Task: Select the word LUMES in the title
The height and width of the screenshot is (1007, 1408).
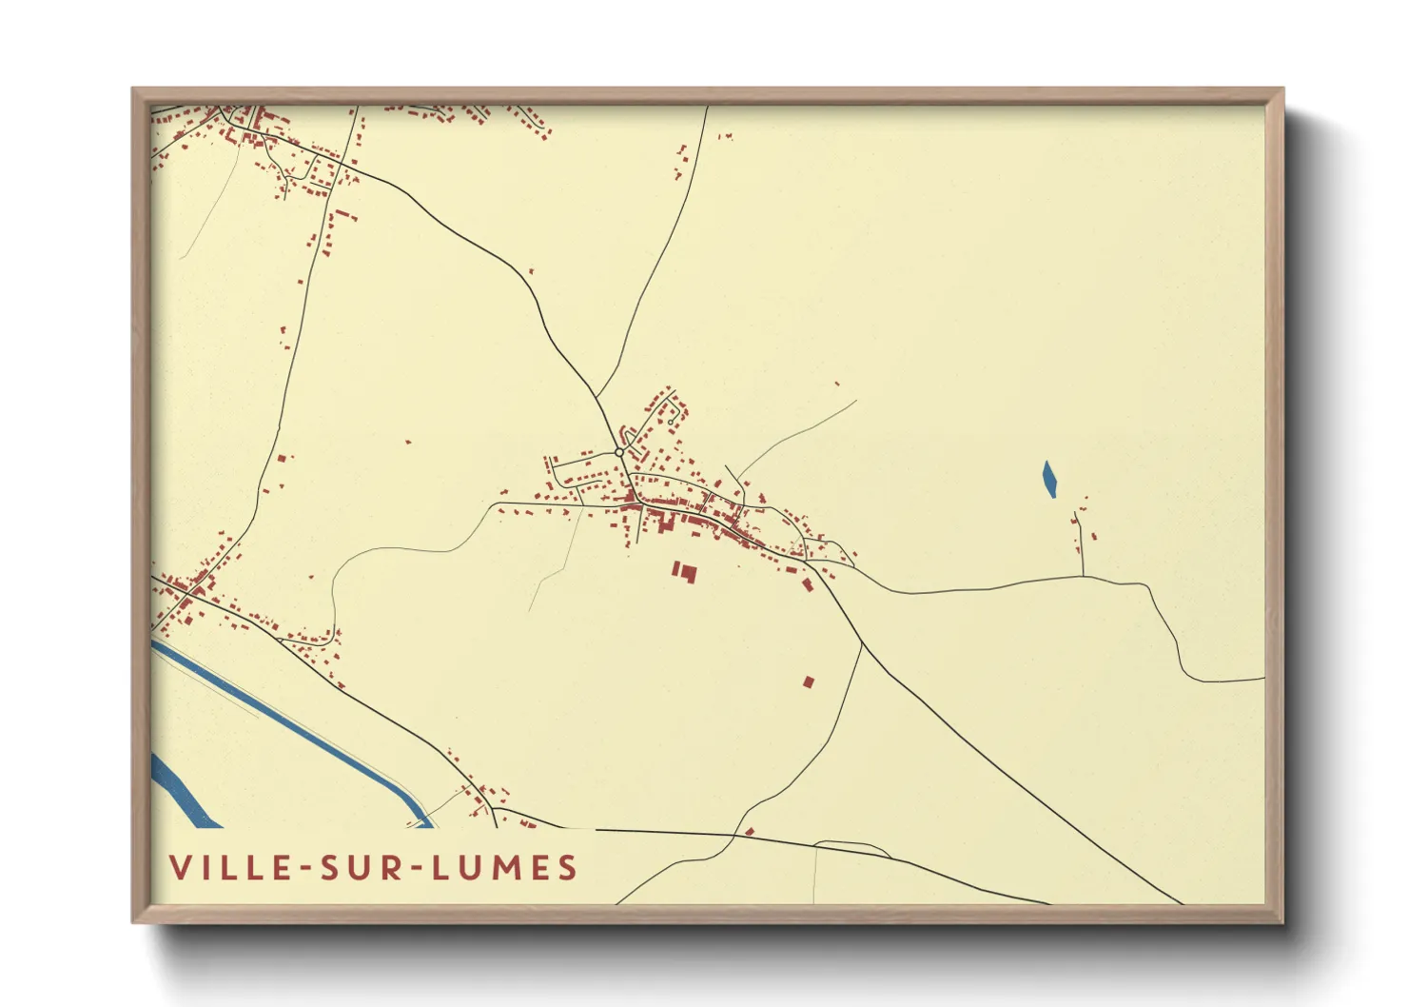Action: tap(504, 868)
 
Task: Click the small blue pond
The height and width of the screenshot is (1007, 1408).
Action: tap(1049, 479)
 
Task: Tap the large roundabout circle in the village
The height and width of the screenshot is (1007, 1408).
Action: tap(619, 452)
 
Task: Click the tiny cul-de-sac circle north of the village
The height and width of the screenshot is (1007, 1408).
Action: tap(672, 421)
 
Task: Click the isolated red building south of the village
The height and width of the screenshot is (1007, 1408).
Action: tap(809, 681)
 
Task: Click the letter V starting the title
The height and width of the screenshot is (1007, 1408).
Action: tap(179, 868)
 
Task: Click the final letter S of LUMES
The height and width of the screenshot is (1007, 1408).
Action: tap(568, 868)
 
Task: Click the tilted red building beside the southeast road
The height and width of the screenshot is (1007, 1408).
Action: tap(808, 584)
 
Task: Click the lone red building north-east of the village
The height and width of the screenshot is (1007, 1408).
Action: tap(837, 384)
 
